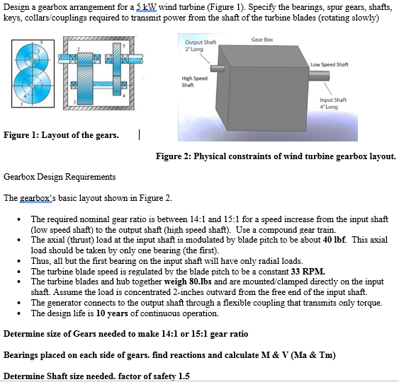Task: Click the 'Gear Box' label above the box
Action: pos(262,40)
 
